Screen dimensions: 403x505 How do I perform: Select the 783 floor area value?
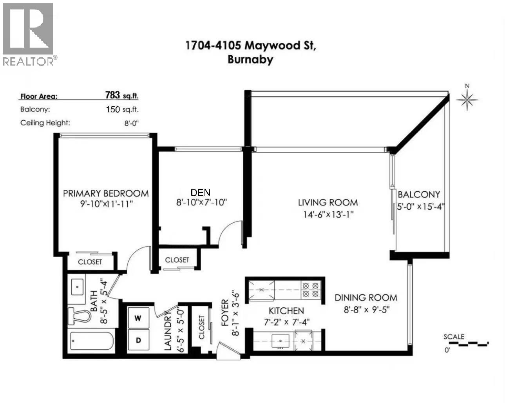[x=112, y=95]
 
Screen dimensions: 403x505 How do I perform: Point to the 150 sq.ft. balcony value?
[x=122, y=109]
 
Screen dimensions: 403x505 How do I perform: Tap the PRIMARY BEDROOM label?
[x=106, y=193]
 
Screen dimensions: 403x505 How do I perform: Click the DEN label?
[x=200, y=192]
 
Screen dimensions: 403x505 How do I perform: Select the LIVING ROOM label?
[x=328, y=202]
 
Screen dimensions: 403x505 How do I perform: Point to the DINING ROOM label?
[x=366, y=298]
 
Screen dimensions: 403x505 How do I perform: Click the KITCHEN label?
[x=286, y=311]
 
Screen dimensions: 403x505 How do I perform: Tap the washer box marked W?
[x=138, y=318]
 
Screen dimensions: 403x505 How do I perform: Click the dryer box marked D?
[x=138, y=340]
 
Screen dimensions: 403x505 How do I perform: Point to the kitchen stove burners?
[x=311, y=290]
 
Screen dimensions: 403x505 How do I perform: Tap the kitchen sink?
[x=281, y=340]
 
